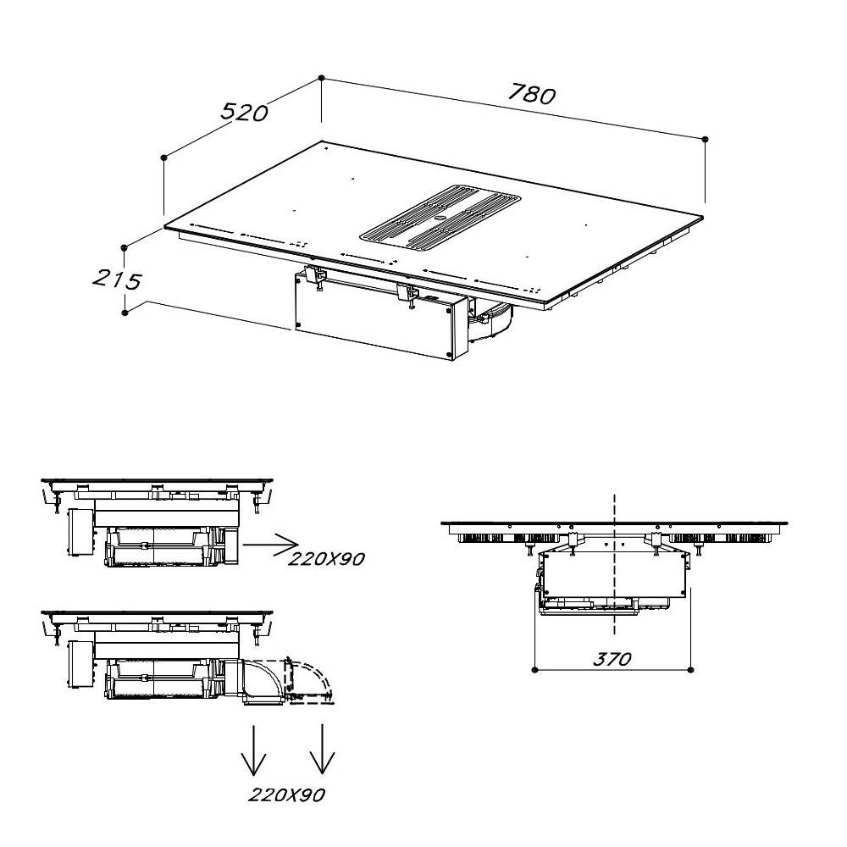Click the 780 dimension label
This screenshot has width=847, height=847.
[x=532, y=94]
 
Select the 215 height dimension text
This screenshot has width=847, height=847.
[x=117, y=280]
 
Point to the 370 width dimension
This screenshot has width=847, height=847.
[x=612, y=659]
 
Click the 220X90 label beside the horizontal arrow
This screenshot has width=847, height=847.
[x=326, y=558]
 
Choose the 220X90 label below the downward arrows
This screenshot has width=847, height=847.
[x=287, y=794]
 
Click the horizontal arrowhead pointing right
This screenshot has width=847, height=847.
[x=286, y=545]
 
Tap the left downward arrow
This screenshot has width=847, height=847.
[x=253, y=750]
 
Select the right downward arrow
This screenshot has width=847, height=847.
[x=323, y=749]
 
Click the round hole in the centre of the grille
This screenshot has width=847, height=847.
[x=439, y=219]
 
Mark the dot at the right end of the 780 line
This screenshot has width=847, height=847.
[x=705, y=140]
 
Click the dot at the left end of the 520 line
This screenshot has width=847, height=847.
[x=163, y=158]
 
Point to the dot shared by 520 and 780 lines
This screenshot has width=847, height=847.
[x=321, y=78]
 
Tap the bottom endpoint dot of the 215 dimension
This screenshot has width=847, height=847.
[x=125, y=313]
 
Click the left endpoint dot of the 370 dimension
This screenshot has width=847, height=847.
[x=534, y=670]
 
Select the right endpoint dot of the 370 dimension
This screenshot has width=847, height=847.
[x=691, y=670]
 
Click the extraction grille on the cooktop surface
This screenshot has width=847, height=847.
[x=440, y=219]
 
